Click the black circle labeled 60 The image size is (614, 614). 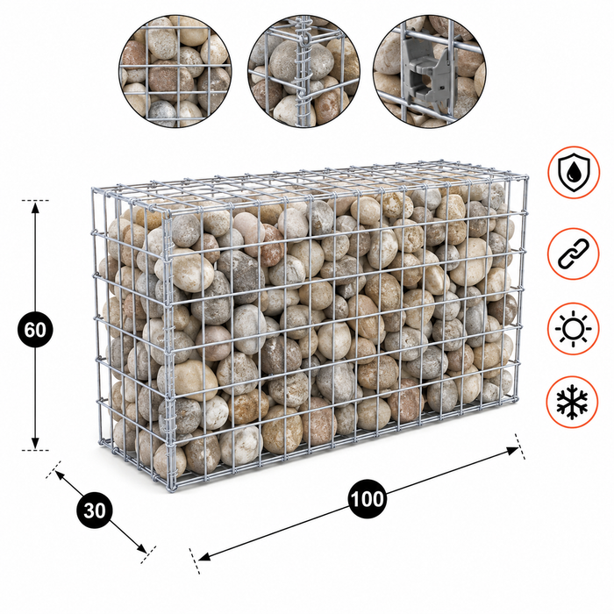pos(35,330)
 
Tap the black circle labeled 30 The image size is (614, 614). pos(95,510)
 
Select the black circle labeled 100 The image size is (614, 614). pos(367,499)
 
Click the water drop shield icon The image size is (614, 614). pos(574,172)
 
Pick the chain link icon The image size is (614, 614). pos(574,253)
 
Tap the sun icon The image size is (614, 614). pos(574,329)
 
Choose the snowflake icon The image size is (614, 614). pos(573,402)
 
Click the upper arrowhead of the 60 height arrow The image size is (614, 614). pos(35,208)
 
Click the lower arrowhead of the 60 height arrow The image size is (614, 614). pos(35,443)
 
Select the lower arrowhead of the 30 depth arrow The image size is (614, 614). pos(142,548)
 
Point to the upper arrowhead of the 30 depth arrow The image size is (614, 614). pos(60,475)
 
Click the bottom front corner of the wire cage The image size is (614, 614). pos(171,489)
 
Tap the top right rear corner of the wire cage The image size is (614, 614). pos(526,176)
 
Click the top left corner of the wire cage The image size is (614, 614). pos(94,189)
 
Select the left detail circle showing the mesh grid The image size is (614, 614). pos(175,71)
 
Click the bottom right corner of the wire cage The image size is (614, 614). pos(516,399)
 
